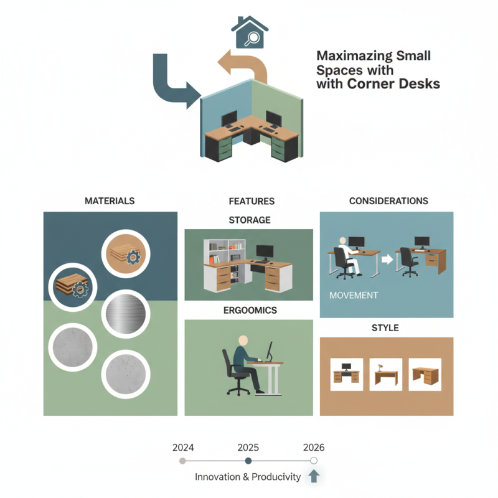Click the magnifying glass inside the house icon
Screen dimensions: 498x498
click(251, 39)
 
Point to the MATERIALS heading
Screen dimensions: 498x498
click(110, 200)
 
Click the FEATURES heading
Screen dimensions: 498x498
click(251, 201)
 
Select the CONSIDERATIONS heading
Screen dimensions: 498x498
click(388, 200)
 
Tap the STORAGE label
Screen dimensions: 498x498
click(250, 220)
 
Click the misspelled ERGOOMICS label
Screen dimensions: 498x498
click(250, 310)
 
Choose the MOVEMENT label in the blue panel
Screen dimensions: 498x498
click(354, 295)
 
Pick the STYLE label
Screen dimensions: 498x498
click(385, 328)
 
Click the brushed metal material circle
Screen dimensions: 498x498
click(126, 314)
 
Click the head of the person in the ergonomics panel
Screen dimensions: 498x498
click(243, 341)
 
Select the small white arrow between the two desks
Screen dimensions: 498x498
click(387, 260)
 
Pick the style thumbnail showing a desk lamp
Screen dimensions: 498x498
click(386, 375)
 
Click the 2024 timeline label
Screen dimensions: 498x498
click(183, 448)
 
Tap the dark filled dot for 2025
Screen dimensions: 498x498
click(248, 461)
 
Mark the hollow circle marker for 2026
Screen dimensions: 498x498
click(314, 461)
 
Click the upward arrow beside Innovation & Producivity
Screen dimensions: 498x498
click(314, 476)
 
